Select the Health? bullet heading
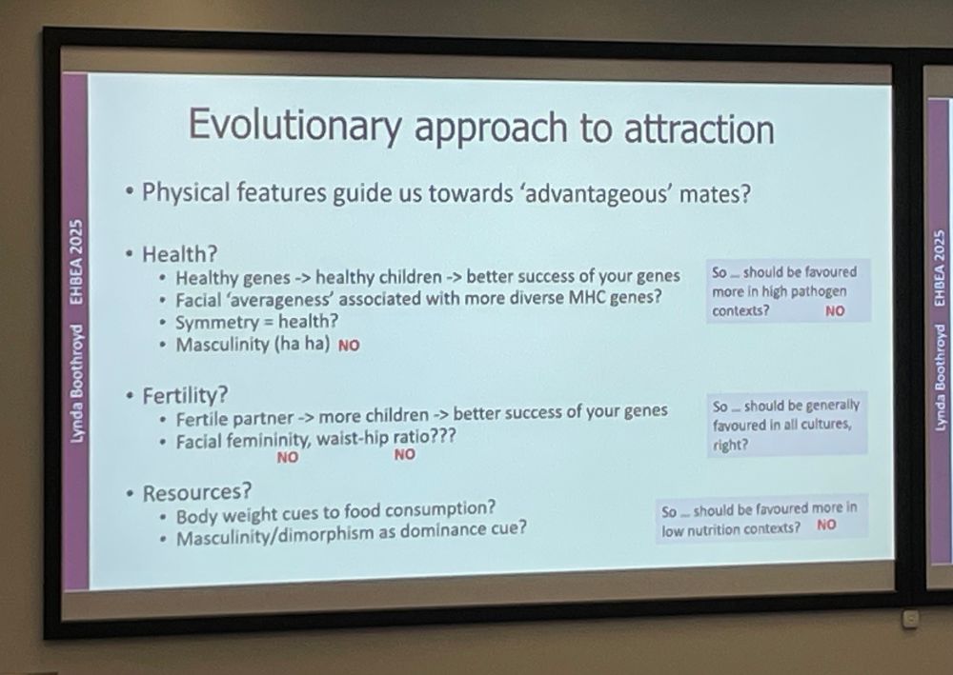click(180, 254)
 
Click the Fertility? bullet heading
click(186, 396)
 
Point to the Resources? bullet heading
click(197, 492)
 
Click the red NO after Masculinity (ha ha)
click(349, 346)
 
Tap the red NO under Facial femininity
click(288, 457)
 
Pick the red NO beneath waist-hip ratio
click(405, 454)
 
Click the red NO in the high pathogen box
click(835, 310)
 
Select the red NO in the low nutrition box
click(826, 525)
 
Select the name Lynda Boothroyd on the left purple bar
click(75, 384)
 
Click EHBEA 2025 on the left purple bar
click(75, 261)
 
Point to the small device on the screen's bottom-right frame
click(910, 619)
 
